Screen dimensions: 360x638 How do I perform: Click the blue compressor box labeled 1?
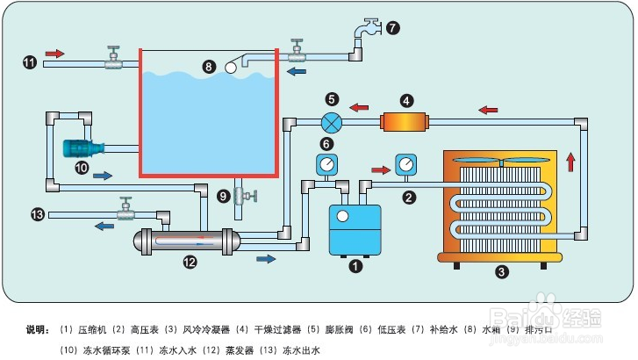[355, 227]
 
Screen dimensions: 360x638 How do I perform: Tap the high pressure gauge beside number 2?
[406, 165]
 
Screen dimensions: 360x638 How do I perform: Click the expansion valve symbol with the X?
[331, 122]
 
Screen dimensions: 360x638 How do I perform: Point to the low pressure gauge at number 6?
[326, 165]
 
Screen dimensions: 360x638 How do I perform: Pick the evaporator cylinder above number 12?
[185, 240]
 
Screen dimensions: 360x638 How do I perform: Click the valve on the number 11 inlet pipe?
[112, 60]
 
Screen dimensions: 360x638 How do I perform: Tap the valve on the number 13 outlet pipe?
[127, 211]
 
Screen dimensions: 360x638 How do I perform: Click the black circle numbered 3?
[502, 271]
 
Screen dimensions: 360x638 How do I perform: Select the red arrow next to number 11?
[54, 54]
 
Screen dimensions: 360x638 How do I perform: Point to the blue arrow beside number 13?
[104, 226]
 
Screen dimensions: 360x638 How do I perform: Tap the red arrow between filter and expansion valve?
[359, 108]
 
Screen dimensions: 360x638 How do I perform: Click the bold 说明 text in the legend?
[38, 330]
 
